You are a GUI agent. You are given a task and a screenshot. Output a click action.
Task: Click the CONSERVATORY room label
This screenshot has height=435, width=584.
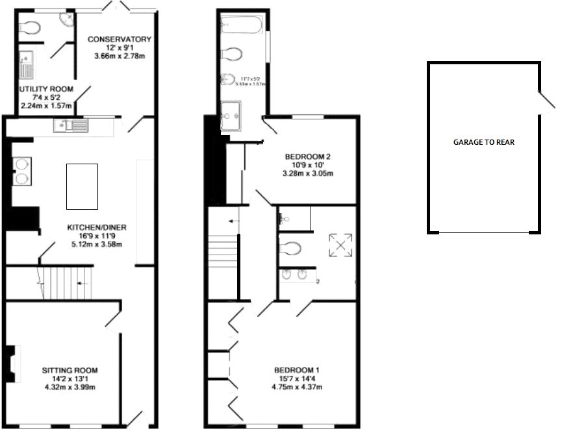120,39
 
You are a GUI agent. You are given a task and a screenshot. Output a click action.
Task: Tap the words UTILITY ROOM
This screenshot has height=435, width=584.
45,89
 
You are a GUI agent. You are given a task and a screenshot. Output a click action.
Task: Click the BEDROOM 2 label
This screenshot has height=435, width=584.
309,156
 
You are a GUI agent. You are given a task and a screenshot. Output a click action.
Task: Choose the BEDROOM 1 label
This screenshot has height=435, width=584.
296,370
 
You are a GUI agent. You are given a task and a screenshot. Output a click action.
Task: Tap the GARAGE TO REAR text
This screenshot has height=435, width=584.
483,142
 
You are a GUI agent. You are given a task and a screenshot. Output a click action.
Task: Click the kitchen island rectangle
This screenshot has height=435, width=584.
82,186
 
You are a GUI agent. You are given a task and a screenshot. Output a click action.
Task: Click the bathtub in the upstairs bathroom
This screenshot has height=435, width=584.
241,25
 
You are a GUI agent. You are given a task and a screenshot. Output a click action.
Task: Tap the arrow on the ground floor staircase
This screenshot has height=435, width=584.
80,284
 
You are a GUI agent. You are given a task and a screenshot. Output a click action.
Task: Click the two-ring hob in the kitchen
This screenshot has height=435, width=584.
23,170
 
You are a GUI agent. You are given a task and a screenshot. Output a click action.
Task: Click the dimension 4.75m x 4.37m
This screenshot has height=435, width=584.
297,388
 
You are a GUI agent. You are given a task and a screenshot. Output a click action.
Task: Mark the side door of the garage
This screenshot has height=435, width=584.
547,99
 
